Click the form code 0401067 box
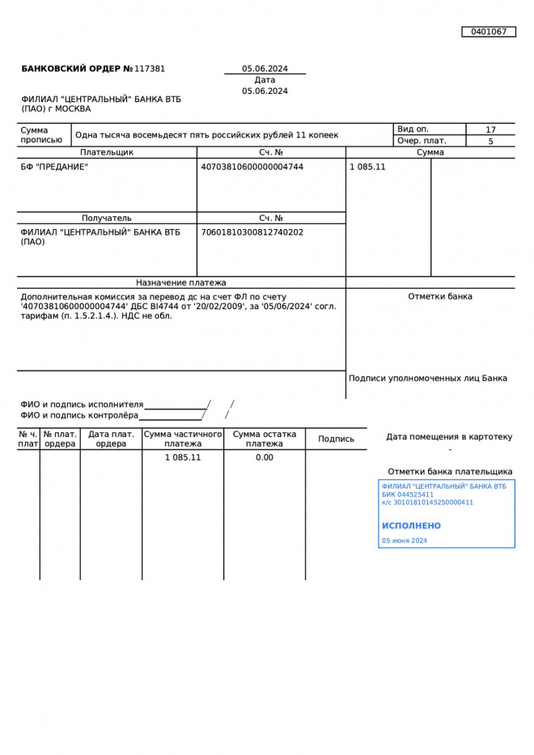tap(489, 32)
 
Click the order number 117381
tap(150, 69)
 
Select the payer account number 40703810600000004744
tap(252, 167)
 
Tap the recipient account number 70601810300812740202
tap(252, 232)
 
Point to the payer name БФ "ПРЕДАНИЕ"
tap(54, 167)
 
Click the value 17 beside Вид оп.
tap(490, 129)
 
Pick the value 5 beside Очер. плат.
tap(490, 142)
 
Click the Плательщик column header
tap(107, 152)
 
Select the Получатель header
tap(107, 218)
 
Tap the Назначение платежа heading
tap(181, 283)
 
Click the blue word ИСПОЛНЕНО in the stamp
tap(411, 526)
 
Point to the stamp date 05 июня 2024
tap(405, 541)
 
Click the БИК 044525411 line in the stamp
tap(408, 494)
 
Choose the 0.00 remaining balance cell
tap(265, 457)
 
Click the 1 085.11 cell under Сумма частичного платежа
tap(183, 457)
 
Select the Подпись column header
tap(336, 439)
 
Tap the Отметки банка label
tap(440, 296)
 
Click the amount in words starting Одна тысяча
tap(207, 135)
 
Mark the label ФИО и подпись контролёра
tap(79, 415)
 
